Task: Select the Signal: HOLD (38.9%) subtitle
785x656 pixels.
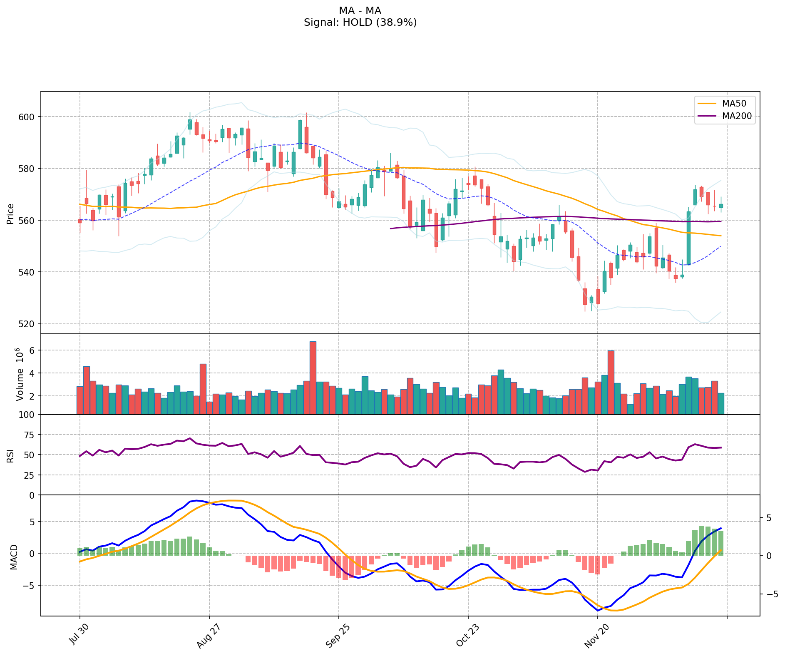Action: (x=360, y=22)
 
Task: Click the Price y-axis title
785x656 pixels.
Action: (x=10, y=214)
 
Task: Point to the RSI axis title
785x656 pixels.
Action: (x=10, y=455)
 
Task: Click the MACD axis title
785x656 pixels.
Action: (x=14, y=557)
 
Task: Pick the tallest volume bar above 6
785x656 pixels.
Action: (x=313, y=378)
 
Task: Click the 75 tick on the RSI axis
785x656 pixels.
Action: (x=29, y=435)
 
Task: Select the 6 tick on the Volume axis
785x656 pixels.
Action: (x=31, y=350)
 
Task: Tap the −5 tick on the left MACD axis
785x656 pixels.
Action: (x=28, y=585)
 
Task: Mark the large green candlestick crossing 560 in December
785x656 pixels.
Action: (x=688, y=238)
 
